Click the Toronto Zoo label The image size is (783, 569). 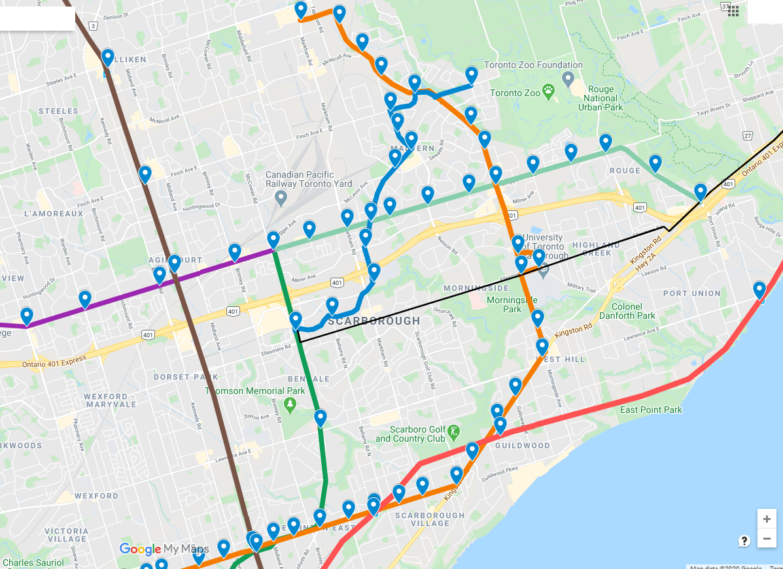coord(514,93)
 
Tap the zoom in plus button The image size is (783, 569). coord(767,519)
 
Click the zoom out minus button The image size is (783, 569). coord(767,539)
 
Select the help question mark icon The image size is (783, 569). coord(744,541)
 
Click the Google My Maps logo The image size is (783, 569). coord(164,549)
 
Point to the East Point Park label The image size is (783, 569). coord(651,410)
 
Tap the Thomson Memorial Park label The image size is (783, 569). coord(255,391)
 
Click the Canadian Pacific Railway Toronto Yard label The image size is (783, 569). coord(309,179)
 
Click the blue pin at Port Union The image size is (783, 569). coord(759,289)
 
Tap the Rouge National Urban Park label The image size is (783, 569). coord(601,98)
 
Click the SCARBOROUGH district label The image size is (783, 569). coord(374,321)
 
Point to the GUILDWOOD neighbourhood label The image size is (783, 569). coord(522,445)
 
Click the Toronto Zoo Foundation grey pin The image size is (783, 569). coord(568,80)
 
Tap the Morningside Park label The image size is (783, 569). coord(512,304)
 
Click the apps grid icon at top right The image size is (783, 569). coord(733,10)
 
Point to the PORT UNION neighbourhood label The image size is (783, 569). coord(691,293)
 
